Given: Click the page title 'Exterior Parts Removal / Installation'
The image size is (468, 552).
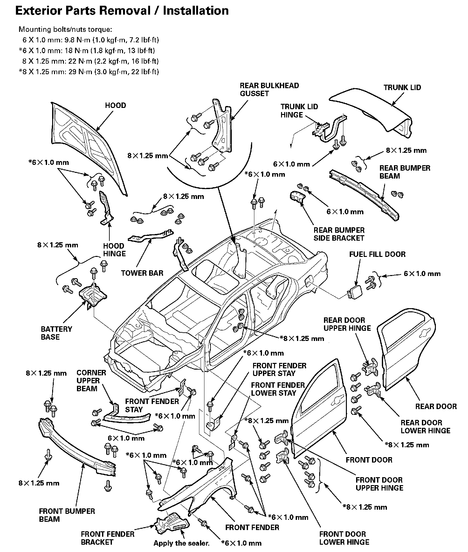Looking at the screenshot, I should [x=122, y=11].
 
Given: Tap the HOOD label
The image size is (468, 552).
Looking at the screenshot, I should [x=115, y=105].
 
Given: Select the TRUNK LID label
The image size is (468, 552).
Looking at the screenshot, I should [x=402, y=88].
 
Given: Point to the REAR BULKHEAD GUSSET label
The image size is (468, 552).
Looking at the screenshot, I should [x=269, y=89].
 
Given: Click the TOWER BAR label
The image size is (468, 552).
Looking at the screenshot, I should [x=142, y=273].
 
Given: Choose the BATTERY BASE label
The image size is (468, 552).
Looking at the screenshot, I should [x=56, y=333].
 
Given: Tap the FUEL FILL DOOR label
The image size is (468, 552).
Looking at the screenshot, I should [x=377, y=254].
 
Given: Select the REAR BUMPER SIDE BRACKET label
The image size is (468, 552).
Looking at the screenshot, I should [x=339, y=234].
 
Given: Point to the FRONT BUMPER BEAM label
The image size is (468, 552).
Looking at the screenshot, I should [x=67, y=515].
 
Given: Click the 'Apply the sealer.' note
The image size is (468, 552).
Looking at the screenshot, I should [x=182, y=543].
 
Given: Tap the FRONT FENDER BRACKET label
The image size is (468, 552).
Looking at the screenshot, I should [x=107, y=538].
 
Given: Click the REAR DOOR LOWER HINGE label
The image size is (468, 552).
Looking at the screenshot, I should [x=425, y=427].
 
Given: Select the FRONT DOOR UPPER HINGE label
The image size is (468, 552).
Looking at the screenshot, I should [x=379, y=484].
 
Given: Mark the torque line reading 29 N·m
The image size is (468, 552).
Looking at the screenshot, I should [x=89, y=72].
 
